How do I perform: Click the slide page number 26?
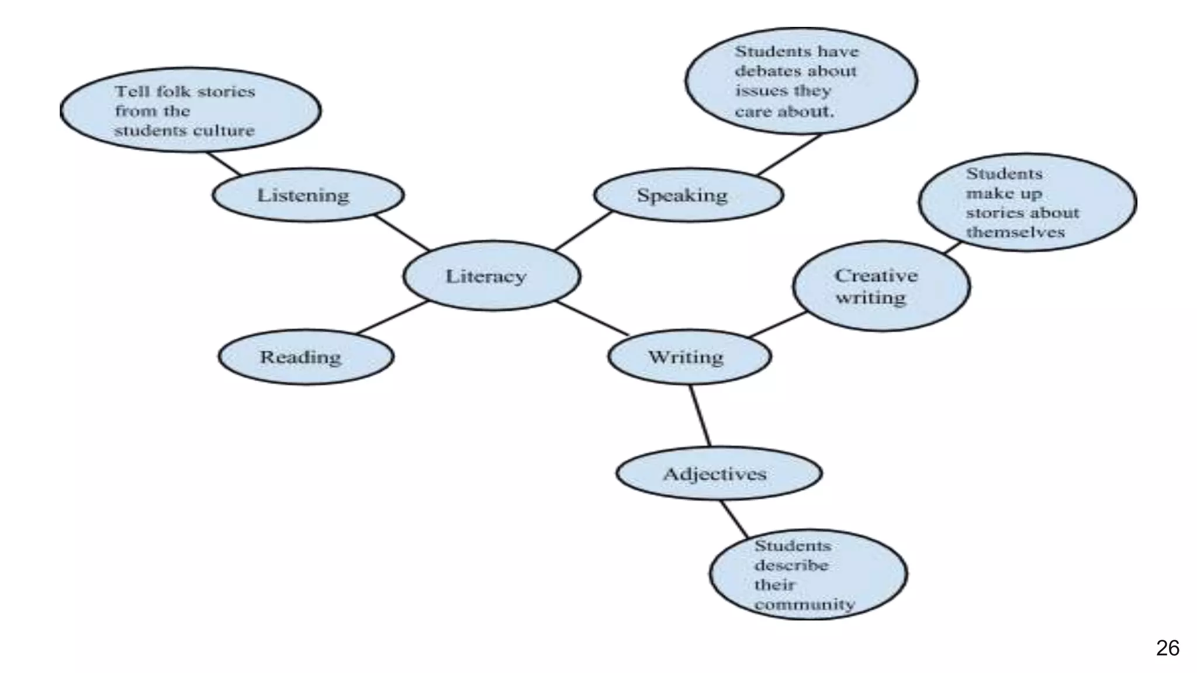tap(1167, 648)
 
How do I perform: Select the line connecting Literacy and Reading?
tap(393, 317)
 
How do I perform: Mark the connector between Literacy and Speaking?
tap(583, 231)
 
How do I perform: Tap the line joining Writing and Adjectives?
tap(700, 415)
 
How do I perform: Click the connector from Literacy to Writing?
tap(591, 318)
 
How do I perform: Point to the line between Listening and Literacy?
tap(402, 233)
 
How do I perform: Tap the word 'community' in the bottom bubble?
tap(804, 604)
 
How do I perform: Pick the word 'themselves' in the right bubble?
tap(1015, 232)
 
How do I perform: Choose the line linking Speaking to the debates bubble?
tap(790, 155)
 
